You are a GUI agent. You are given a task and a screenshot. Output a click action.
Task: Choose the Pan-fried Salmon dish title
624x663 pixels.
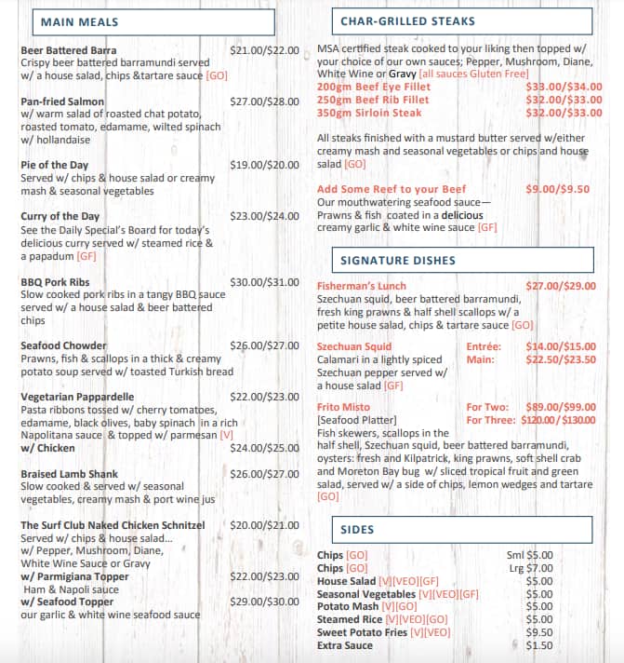click(62, 101)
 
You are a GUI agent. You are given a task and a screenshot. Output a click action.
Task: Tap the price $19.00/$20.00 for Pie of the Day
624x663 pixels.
click(264, 165)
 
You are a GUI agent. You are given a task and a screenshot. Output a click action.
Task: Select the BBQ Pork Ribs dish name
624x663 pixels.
click(55, 282)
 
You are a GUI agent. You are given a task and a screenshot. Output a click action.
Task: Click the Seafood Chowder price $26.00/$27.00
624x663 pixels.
click(264, 345)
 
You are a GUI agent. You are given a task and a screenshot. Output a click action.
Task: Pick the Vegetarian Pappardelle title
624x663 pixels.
click(77, 397)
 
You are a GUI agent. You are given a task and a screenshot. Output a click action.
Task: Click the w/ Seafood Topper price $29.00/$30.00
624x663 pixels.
click(264, 602)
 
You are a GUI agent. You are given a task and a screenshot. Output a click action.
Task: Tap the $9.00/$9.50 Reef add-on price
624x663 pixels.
click(557, 189)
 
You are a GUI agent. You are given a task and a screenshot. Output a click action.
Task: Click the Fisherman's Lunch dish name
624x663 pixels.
click(362, 286)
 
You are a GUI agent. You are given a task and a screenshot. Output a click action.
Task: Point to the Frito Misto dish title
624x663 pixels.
click(343, 408)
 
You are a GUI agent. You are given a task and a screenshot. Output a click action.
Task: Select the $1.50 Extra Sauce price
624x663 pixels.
click(539, 645)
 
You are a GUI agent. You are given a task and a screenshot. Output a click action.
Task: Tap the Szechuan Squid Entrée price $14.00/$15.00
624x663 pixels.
click(560, 347)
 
